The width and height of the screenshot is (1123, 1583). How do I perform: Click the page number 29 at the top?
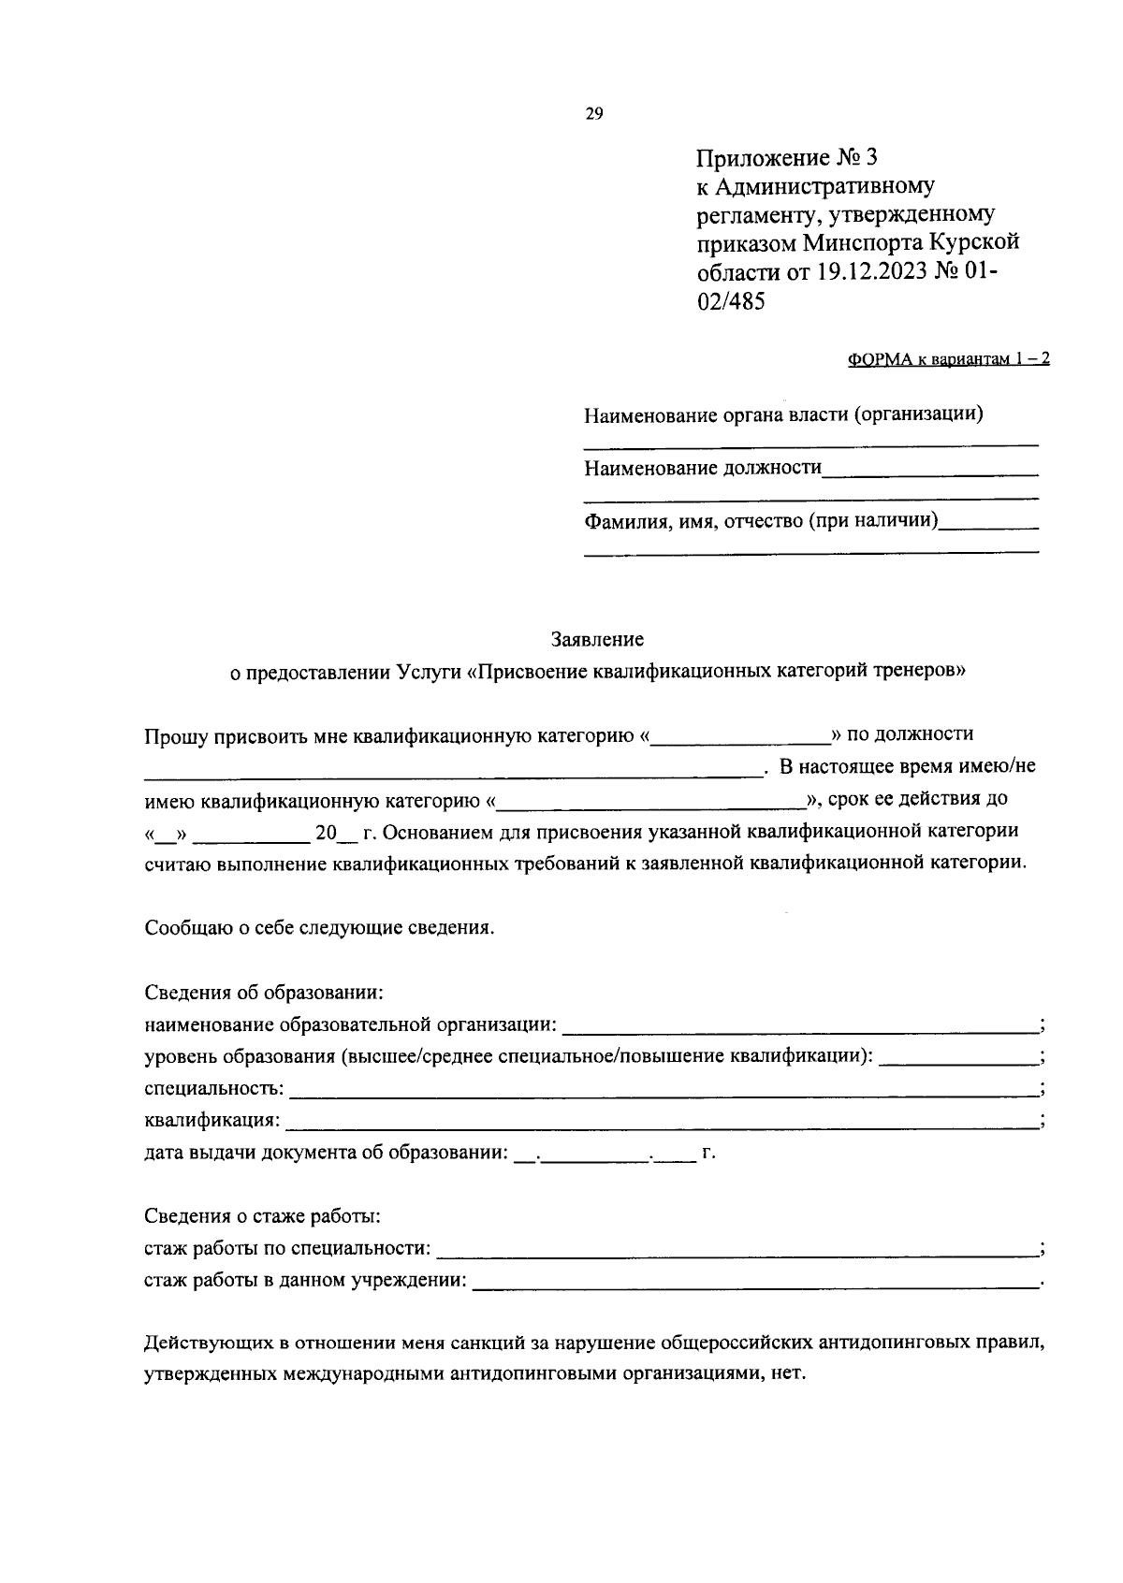click(594, 114)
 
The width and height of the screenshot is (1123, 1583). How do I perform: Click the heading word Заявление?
click(597, 640)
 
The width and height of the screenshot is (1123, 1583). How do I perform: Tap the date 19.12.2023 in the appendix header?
click(871, 272)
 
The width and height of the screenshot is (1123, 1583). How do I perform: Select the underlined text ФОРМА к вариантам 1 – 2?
click(948, 359)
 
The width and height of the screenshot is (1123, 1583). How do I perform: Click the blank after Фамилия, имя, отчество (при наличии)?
click(988, 527)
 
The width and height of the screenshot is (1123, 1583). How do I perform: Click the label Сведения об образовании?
click(265, 993)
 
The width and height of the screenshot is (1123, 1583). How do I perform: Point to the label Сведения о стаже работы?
click(262, 1216)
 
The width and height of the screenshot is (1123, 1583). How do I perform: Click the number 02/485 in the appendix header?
click(731, 301)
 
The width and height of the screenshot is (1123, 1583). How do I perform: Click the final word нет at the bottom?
click(789, 1375)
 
